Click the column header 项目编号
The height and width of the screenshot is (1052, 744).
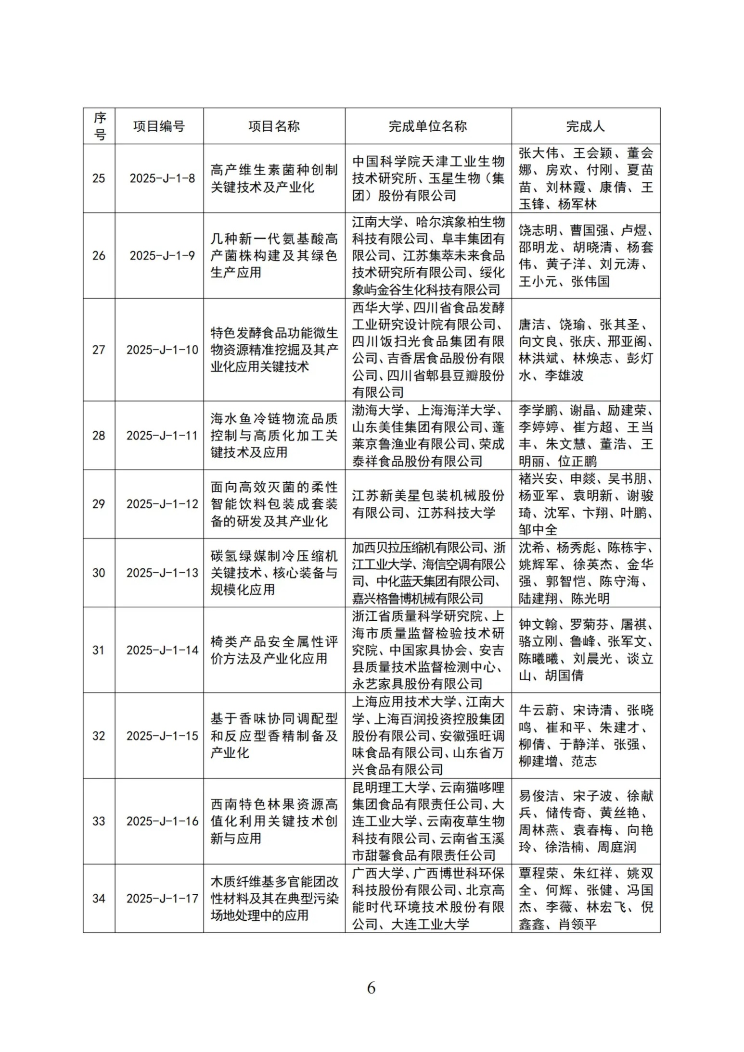(x=159, y=126)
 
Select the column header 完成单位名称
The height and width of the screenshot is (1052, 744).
(x=427, y=126)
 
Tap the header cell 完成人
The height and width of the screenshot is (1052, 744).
(x=585, y=126)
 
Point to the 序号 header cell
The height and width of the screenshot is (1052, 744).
(x=99, y=126)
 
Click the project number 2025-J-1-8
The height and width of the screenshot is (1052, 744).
(x=162, y=178)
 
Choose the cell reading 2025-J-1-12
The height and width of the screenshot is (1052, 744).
(x=162, y=504)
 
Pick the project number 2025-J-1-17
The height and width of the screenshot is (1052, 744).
(x=162, y=898)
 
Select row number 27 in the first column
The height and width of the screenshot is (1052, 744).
(x=99, y=350)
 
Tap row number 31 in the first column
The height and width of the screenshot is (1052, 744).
(x=99, y=650)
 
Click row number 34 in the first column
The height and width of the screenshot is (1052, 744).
(x=99, y=898)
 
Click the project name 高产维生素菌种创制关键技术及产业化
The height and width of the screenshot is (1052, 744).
(x=274, y=178)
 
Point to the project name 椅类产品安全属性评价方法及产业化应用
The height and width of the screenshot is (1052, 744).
(x=274, y=650)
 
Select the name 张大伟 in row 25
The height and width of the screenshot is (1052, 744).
(x=539, y=153)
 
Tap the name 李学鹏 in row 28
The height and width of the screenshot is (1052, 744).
(x=538, y=411)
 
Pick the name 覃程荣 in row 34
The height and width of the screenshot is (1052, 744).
(x=539, y=873)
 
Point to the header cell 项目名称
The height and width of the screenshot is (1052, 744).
(x=274, y=126)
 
